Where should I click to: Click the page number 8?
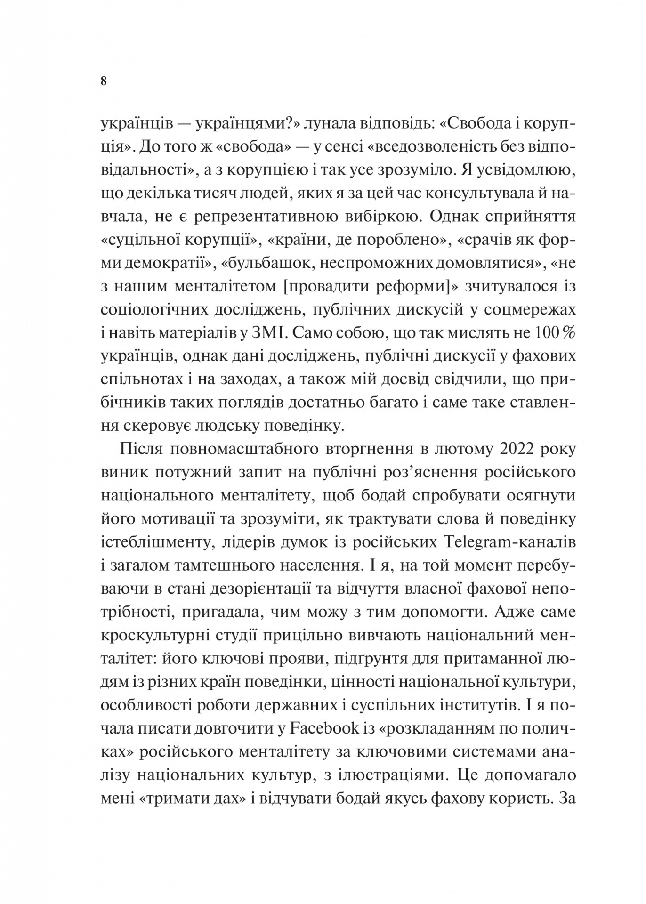(104, 81)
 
